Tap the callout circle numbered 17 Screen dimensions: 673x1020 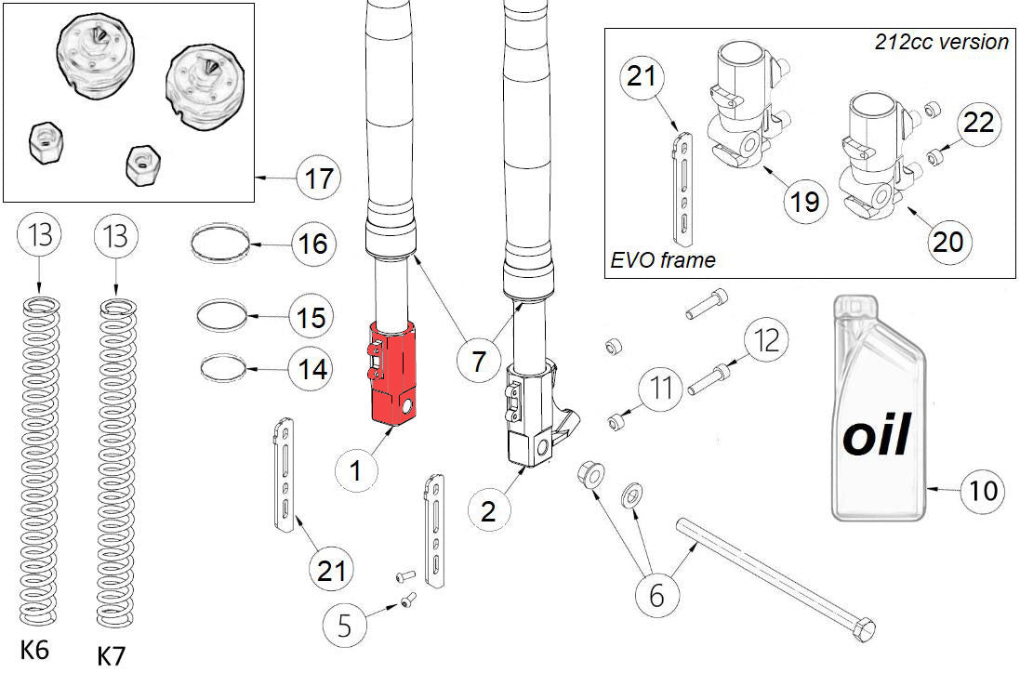coord(319,178)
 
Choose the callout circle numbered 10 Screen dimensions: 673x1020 coord(984,490)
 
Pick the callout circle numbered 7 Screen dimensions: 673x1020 coord(478,360)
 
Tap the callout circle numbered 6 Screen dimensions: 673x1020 coord(656,594)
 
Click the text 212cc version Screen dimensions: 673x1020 coord(941,42)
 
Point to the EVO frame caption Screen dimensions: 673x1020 coord(663,260)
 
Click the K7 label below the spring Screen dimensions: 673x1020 coord(111,655)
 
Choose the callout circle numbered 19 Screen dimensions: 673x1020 coord(804,200)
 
